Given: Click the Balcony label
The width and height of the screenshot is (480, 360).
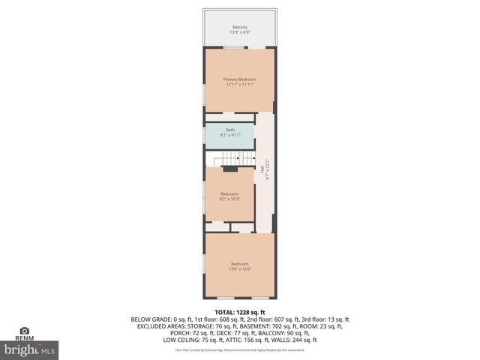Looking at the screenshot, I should point(240,27).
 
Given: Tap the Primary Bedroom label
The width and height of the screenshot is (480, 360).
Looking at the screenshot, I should point(240,79).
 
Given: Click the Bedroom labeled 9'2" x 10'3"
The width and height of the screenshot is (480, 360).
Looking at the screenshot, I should point(229,194).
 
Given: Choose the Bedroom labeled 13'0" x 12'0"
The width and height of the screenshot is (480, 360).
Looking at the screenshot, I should point(240,263).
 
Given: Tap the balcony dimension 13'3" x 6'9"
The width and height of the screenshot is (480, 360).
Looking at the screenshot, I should point(240,33).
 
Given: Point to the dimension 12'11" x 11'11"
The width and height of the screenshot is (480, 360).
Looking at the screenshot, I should point(240,85).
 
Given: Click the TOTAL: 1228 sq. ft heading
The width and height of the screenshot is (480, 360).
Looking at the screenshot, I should point(240,312).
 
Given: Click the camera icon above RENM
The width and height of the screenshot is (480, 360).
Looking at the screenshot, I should point(24,330).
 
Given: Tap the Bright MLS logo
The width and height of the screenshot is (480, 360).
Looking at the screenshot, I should point(30,349).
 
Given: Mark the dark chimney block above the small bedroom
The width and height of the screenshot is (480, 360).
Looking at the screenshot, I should point(230,169).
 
